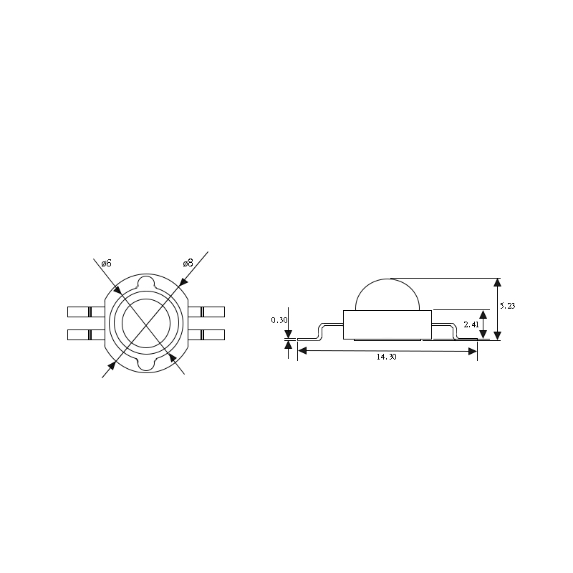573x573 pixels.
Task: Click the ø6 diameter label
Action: (x=106, y=264)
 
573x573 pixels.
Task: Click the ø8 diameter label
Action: (x=188, y=263)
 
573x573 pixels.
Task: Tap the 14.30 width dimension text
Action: (x=386, y=357)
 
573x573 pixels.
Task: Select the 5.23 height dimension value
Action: (x=507, y=306)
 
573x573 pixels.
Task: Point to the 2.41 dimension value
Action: (x=471, y=324)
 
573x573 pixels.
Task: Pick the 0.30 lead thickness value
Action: (x=279, y=320)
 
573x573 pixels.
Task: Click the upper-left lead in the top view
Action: (x=85, y=312)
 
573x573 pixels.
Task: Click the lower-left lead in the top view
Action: (x=85, y=334)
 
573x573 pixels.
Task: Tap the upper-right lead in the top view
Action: (x=207, y=312)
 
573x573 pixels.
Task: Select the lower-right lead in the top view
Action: (x=207, y=334)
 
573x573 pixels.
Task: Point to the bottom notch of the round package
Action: (x=147, y=365)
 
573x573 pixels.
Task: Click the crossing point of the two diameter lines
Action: (x=146, y=323)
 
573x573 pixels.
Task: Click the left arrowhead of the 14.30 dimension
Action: (x=302, y=351)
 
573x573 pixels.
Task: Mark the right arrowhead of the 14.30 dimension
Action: (x=473, y=351)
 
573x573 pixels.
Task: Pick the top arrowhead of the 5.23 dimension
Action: (x=499, y=282)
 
